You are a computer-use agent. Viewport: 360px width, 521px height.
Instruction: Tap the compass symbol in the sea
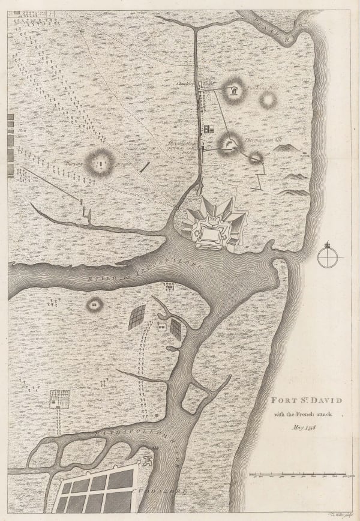tap(328, 257)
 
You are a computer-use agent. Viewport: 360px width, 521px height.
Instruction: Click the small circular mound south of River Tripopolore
tap(94, 304)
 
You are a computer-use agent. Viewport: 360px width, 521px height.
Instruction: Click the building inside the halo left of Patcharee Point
tap(233, 92)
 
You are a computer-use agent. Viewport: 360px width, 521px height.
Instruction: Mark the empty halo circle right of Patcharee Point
tap(268, 100)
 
